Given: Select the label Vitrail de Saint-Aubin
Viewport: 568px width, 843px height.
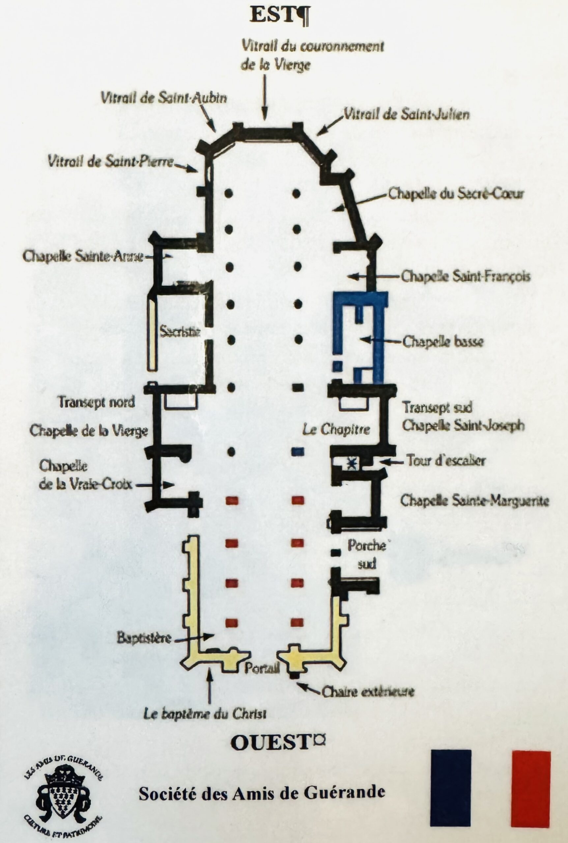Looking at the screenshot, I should (164, 98).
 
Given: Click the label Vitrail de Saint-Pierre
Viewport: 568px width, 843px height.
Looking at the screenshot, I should (111, 161).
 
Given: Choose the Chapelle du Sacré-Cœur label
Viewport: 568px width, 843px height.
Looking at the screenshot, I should (456, 194).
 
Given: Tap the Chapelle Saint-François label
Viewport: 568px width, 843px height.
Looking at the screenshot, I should (466, 277).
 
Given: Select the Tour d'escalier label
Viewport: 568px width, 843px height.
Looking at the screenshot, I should (445, 461).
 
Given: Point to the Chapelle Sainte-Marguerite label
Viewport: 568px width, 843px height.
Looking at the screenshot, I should (474, 501).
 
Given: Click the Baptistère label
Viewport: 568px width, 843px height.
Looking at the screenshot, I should (144, 638).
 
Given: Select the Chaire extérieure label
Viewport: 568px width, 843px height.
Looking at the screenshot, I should (368, 692).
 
